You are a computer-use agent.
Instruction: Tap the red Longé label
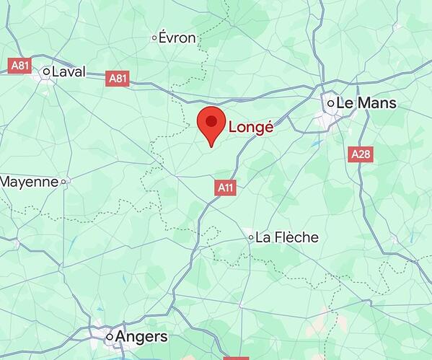tap(251, 128)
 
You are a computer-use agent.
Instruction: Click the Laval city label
tap(69, 71)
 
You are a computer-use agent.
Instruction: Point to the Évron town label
tap(177, 38)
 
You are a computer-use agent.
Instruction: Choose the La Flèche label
tap(286, 237)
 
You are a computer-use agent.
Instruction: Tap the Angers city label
tap(142, 337)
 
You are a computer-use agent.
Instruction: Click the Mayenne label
tap(29, 182)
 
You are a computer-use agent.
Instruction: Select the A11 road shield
tap(226, 188)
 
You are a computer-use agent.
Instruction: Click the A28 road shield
tap(361, 154)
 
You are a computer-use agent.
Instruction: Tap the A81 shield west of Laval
tap(20, 66)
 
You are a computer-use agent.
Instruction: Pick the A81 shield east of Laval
tap(117, 78)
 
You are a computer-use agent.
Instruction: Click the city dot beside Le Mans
tap(330, 104)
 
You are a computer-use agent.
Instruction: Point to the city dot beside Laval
tap(47, 71)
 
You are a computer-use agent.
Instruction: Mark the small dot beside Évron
tap(154, 38)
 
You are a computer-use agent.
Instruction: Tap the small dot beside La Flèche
tap(251, 237)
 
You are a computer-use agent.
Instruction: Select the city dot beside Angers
tap(110, 337)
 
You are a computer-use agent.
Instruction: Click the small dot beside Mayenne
tap(63, 182)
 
